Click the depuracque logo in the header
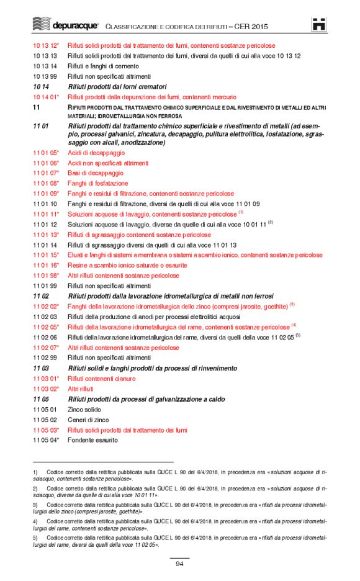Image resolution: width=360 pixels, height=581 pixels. [65, 25]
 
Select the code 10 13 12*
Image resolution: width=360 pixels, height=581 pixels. [46, 45]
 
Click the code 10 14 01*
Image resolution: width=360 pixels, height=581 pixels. [46, 97]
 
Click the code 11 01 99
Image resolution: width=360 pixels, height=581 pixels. [45, 286]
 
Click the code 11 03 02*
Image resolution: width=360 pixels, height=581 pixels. [46, 389]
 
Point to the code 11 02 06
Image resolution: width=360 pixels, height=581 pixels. [45, 337]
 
